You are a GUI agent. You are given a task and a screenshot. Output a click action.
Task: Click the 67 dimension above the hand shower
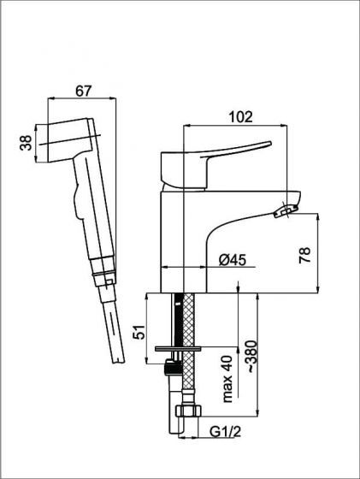[83, 91]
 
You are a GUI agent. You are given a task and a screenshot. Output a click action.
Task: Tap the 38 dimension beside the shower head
[27, 143]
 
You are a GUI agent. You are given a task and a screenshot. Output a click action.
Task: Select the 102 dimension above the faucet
[241, 117]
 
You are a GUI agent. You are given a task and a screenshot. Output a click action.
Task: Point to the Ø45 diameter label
[233, 260]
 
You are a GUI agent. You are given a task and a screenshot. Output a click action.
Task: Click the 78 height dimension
[305, 255]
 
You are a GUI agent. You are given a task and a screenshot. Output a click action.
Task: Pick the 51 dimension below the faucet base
[139, 332]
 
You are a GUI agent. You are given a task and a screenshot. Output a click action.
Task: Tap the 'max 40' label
[227, 379]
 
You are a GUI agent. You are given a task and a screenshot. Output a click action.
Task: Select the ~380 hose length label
[253, 356]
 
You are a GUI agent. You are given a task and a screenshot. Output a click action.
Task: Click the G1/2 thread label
[226, 432]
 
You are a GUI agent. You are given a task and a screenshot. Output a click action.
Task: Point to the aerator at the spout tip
[286, 211]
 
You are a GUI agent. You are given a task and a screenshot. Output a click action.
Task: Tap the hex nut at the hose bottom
[188, 411]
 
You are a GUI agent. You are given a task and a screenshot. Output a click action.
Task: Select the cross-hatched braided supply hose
[188, 348]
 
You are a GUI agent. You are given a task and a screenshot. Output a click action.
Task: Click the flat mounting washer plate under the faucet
[178, 349]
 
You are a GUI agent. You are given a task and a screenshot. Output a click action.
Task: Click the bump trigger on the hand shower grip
[77, 200]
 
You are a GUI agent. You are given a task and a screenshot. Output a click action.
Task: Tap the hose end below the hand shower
[112, 324]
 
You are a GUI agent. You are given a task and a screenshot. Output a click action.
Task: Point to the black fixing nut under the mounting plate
[172, 368]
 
